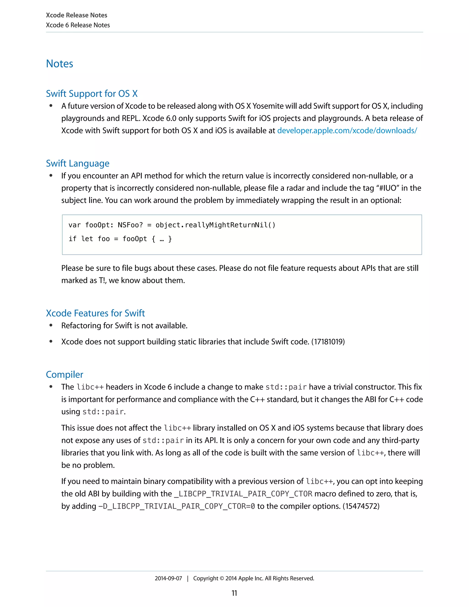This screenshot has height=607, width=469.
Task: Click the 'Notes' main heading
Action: (60, 64)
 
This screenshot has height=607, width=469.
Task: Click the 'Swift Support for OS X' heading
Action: (92, 94)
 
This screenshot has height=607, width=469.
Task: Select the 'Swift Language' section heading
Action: (78, 163)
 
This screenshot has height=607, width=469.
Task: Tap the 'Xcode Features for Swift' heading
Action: (95, 313)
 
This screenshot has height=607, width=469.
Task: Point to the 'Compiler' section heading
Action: (64, 375)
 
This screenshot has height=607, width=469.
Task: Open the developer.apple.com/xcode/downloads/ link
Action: (347, 131)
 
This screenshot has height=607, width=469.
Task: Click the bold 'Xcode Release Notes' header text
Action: (76, 15)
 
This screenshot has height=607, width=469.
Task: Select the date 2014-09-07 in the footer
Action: (168, 578)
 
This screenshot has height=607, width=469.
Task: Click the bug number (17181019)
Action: (328, 342)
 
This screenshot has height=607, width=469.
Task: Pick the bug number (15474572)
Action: (361, 506)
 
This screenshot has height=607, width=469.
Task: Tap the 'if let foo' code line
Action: (120, 239)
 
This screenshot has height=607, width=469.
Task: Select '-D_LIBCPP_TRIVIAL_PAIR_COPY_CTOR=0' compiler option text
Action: (177, 506)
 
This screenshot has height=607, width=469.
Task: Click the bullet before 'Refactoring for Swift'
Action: (51, 325)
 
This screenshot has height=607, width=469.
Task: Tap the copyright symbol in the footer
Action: (222, 578)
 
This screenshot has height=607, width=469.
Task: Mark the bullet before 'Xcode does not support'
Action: (51, 342)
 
